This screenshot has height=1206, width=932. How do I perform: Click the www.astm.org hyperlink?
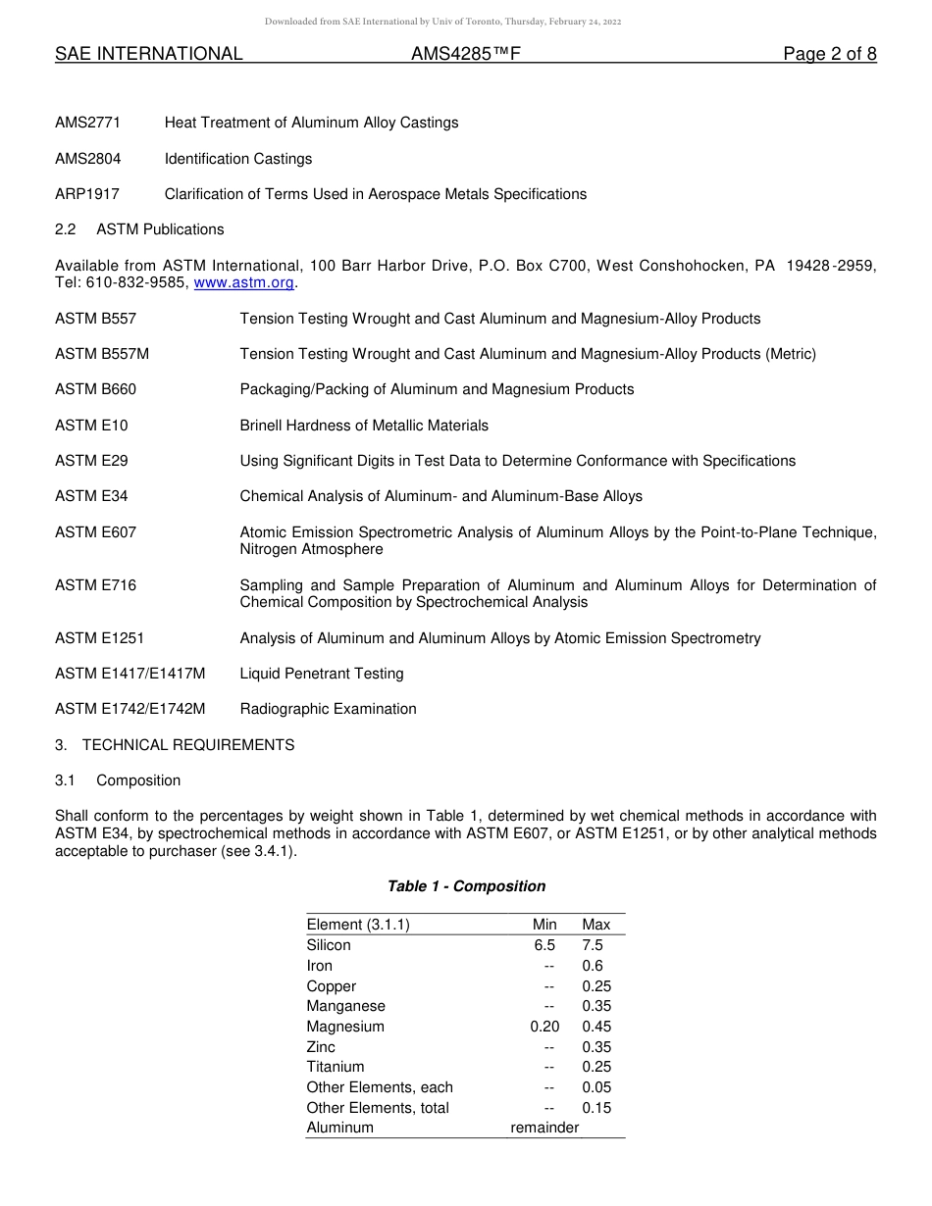coord(244,282)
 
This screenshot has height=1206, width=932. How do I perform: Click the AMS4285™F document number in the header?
coord(465,54)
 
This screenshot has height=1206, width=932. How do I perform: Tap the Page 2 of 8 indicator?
coord(829,54)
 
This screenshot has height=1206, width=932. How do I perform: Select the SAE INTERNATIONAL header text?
coord(149,54)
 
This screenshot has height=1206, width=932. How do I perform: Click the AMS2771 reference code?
coord(88,123)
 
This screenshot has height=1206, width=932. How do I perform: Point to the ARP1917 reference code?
coord(87,194)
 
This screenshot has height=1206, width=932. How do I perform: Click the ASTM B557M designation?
coord(102,354)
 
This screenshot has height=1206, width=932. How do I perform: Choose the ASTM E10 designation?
coord(91,426)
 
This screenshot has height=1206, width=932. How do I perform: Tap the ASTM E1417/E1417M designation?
coord(130,674)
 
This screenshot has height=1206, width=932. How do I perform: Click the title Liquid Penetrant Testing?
coord(322,674)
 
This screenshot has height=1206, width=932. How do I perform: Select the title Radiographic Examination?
coord(328,709)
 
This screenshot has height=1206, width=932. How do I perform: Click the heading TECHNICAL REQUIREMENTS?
coord(188,745)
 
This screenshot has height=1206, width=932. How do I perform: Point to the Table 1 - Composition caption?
coord(466,886)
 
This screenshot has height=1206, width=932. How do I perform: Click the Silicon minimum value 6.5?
coord(544,945)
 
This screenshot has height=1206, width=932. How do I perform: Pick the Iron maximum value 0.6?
coord(593,966)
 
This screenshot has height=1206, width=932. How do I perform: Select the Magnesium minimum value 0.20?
coord(544,1027)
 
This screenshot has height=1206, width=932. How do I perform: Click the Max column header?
coord(595,925)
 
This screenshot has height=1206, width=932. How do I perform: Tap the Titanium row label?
coord(336,1067)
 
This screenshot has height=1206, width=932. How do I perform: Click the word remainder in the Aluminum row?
coord(544,1128)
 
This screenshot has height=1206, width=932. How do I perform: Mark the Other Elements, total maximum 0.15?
coord(595,1108)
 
